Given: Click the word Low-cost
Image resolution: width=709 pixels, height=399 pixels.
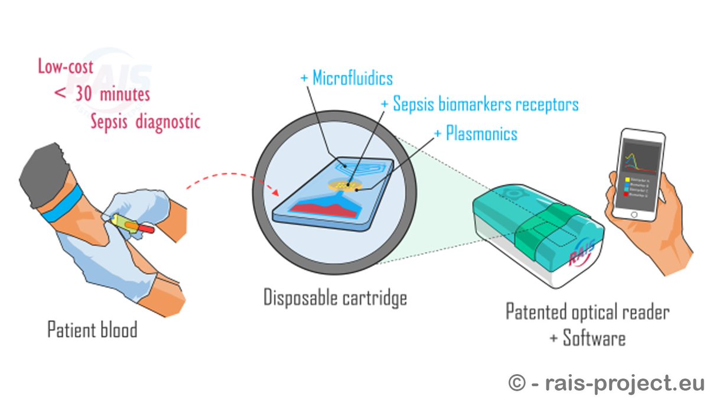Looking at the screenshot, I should tap(66, 66).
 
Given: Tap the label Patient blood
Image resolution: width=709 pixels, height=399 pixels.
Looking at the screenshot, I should tap(92, 329).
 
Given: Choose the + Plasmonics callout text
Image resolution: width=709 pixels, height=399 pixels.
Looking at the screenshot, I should tap(476, 133).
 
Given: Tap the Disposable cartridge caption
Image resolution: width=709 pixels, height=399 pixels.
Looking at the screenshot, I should tap(335, 297).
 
